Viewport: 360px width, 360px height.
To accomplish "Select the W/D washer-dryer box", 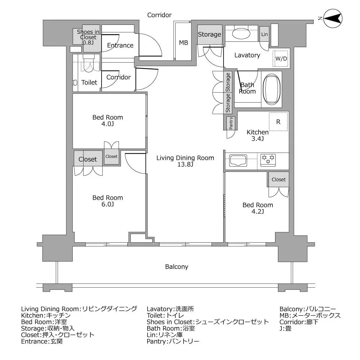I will tap(281, 58).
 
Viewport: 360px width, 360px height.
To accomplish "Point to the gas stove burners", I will tap(268, 160).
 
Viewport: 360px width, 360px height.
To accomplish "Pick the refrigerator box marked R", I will tap(278, 122).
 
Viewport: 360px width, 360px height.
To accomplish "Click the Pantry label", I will tap(231, 123).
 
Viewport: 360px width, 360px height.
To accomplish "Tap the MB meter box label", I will tap(184, 43).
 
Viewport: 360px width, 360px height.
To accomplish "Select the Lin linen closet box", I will tap(265, 34).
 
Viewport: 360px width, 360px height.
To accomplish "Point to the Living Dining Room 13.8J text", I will tap(185, 161).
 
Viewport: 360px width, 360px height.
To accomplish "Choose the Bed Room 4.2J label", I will tap(257, 208).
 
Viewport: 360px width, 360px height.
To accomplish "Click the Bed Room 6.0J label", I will tap(107, 201).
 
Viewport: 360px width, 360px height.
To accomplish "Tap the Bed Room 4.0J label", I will tap(107, 121).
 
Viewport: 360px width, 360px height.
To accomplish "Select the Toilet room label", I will tap(89, 82).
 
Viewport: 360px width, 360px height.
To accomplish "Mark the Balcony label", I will tap(176, 267).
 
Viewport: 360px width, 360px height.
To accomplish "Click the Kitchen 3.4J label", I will tap(257, 135).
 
